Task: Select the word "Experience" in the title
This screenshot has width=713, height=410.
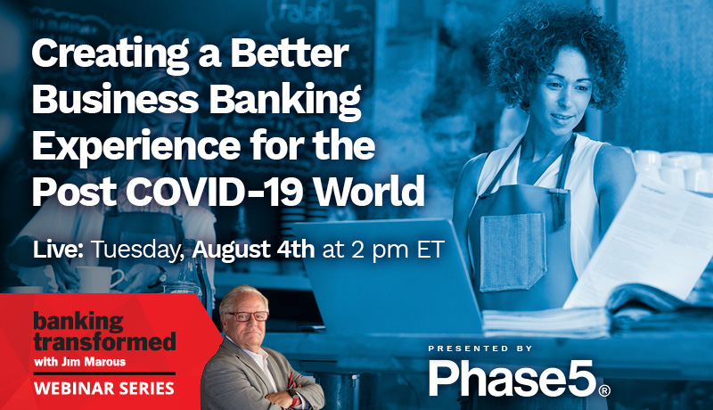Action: tap(136, 147)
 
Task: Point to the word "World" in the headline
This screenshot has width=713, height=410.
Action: tap(369, 191)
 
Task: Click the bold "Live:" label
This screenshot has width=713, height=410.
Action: tap(58, 250)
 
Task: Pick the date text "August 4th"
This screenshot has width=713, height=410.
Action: tap(253, 250)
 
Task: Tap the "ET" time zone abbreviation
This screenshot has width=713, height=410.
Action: tap(430, 250)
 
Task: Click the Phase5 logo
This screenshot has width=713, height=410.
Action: tap(520, 378)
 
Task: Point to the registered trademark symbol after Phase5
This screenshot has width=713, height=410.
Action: tap(604, 390)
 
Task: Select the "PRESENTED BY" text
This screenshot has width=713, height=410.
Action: tap(479, 348)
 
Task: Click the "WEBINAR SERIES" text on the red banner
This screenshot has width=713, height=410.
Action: tap(104, 389)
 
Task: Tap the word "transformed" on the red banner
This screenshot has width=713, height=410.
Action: tap(104, 342)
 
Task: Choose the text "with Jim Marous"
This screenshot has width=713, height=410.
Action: tap(79, 362)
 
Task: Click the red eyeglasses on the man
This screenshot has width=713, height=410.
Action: tap(247, 316)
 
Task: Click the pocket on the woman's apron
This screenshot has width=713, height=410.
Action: tap(512, 252)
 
